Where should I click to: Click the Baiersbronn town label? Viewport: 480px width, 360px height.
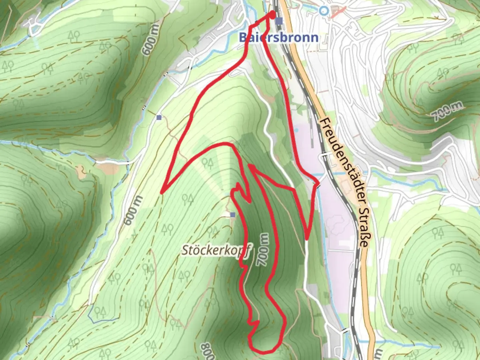click(x=278, y=37)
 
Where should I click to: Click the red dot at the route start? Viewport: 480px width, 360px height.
click(x=272, y=15)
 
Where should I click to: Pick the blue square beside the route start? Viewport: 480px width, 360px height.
click(x=279, y=21)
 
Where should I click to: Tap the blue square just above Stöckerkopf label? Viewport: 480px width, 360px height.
click(x=233, y=215)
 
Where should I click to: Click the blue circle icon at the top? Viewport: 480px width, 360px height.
click(x=323, y=11)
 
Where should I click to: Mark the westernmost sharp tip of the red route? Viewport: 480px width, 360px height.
click(x=162, y=193)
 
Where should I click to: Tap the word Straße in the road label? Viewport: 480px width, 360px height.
click(x=364, y=230)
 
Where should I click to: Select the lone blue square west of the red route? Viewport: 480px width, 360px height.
click(x=159, y=117)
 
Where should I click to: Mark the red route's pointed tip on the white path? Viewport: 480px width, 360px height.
click(x=306, y=238)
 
